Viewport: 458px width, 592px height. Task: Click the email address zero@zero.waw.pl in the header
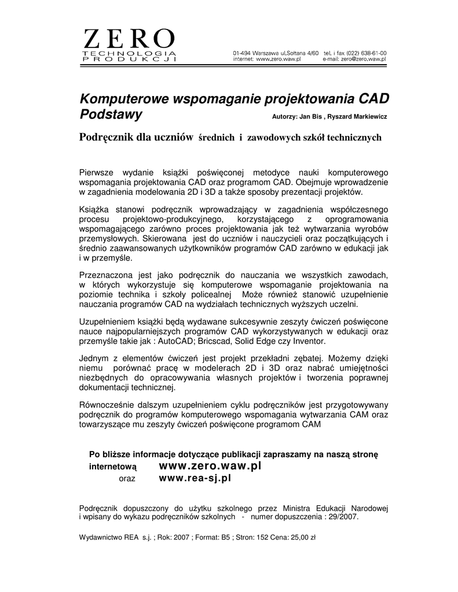[364, 60]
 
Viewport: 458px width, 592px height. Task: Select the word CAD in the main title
[371, 98]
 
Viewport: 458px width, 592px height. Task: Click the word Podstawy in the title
[111, 114]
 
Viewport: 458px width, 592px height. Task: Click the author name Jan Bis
[309, 117]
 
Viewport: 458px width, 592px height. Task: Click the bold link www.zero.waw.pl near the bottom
[210, 465]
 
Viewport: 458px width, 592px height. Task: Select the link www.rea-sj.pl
[195, 478]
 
